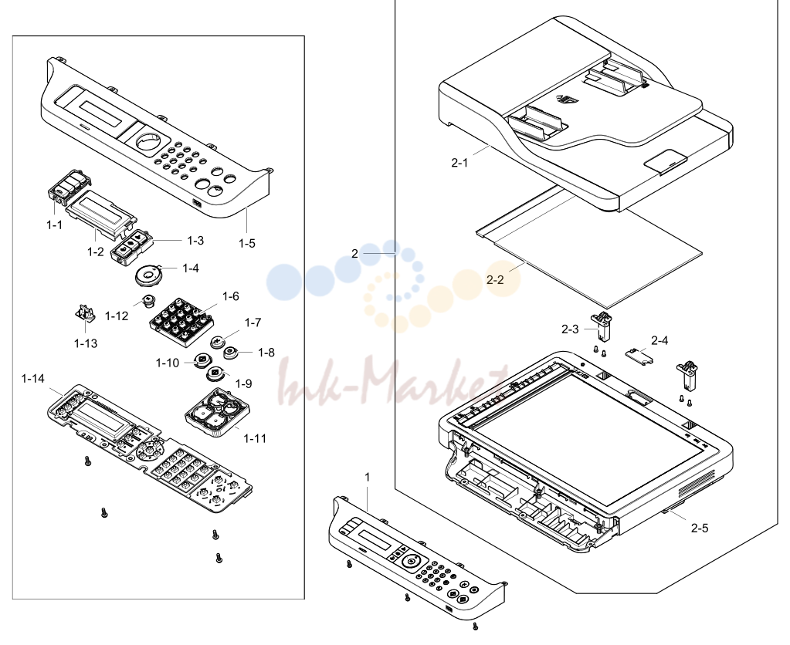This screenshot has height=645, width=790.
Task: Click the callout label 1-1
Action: [x=54, y=225]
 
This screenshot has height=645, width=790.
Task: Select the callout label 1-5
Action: [x=247, y=244]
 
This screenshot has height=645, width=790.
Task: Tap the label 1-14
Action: [x=32, y=379]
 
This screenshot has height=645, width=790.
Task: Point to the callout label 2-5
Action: [x=700, y=528]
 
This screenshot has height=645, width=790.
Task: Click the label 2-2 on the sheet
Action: [x=495, y=280]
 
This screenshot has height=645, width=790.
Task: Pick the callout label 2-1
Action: [x=459, y=163]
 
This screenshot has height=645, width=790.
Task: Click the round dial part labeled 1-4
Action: [x=149, y=276]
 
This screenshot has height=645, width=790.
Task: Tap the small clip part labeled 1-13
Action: [x=85, y=313]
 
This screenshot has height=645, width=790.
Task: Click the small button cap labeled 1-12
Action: [x=150, y=301]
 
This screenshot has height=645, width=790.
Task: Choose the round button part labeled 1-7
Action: [x=218, y=342]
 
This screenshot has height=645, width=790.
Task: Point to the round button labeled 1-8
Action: [x=231, y=353]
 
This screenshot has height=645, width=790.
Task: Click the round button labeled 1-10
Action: [x=202, y=360]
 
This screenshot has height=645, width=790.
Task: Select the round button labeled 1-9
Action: [x=215, y=375]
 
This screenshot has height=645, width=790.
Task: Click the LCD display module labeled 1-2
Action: [x=101, y=214]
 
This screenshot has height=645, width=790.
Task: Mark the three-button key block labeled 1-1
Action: [x=69, y=187]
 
